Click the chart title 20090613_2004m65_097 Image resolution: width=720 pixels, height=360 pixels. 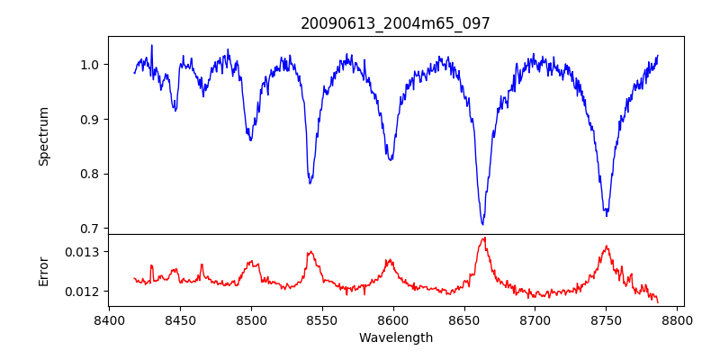(x=395, y=23)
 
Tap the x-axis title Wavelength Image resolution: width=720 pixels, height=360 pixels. (x=395, y=337)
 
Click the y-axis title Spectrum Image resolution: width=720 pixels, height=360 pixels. (x=43, y=136)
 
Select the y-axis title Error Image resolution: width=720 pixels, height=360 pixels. (x=43, y=270)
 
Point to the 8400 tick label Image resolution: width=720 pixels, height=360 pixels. (x=109, y=319)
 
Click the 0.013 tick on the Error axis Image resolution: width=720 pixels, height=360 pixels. (x=83, y=252)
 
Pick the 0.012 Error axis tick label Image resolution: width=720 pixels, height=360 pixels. (x=83, y=292)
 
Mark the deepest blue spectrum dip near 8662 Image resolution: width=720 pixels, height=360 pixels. (x=482, y=224)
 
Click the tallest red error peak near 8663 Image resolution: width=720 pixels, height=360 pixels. (x=483, y=238)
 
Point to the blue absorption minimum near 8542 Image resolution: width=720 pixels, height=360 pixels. (x=310, y=183)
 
